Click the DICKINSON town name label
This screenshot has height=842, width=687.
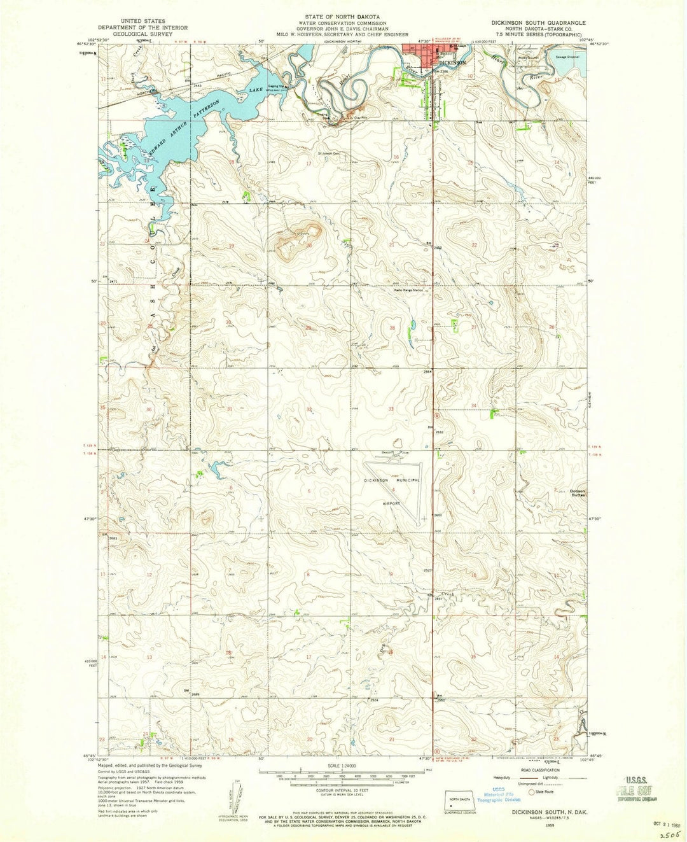[x=452, y=64]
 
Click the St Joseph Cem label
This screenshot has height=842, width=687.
[x=324, y=153]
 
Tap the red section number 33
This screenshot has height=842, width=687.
[x=391, y=409]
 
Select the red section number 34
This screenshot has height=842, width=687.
[x=474, y=405]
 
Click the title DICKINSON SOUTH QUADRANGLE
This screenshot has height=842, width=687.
[x=538, y=22]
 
